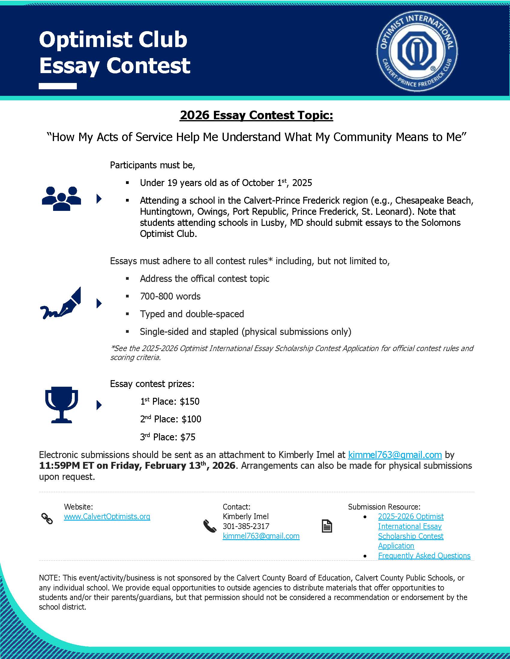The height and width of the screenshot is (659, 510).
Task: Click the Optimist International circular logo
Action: pos(417,51)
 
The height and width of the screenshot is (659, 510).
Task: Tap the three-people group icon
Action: pos(61,198)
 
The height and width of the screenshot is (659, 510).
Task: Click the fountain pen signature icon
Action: pos(61,303)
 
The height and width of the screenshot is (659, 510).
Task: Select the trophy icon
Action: pos(61,404)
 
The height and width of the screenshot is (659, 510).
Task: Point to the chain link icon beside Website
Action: pos(47,519)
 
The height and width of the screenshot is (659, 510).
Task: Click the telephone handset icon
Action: pos(210,526)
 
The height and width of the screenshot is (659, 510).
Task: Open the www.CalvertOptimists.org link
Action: pos(107,516)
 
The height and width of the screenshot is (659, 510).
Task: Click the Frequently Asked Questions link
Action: pos(424,555)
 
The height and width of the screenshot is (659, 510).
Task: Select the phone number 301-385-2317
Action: pos(246,526)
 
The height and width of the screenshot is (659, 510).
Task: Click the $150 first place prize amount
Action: pos(189,401)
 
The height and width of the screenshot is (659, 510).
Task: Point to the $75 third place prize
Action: pos(187,437)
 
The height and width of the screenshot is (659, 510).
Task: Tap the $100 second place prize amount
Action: pos(191,419)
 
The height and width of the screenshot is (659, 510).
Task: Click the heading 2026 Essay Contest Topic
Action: pos(256,115)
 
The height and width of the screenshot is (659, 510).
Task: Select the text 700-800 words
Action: pos(170,296)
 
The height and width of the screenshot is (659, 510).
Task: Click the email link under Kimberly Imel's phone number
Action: pos(261,536)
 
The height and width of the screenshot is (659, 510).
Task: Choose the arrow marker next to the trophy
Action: pos(99,405)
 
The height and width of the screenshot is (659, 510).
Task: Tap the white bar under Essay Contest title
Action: pos(58,86)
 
